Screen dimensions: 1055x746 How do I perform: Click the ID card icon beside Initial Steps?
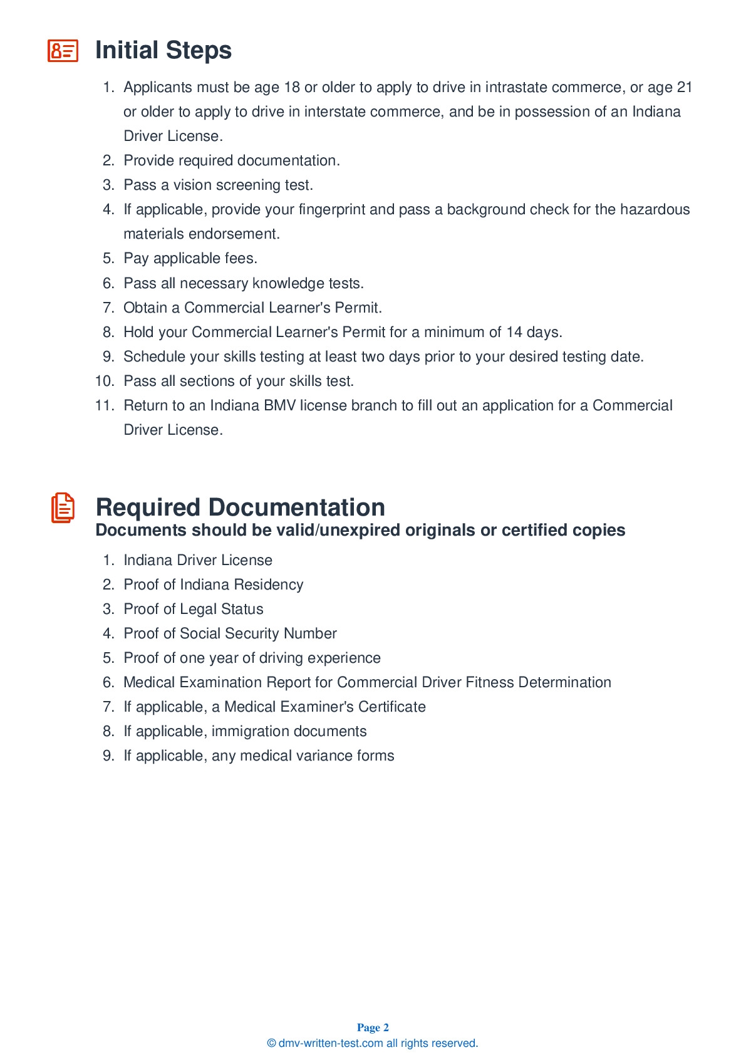[x=63, y=51]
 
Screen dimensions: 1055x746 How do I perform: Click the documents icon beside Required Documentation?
[x=63, y=507]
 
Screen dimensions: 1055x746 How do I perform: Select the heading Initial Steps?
[x=163, y=51]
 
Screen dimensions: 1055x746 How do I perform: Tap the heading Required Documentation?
[x=240, y=507]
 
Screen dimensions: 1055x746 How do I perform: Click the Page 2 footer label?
[x=373, y=1027]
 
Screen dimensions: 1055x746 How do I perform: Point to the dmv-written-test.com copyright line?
[x=373, y=1043]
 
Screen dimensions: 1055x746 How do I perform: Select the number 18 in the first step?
[x=292, y=87]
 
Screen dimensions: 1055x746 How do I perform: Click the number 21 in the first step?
[x=684, y=87]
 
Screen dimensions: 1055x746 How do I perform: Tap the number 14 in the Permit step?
[x=514, y=332]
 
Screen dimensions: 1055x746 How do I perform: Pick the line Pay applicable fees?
[x=190, y=258]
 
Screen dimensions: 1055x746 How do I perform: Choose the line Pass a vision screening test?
[x=218, y=185]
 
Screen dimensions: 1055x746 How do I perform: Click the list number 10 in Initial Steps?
[x=105, y=381]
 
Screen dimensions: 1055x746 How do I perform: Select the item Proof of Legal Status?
[x=194, y=609]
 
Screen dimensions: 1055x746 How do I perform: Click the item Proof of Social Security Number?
[x=230, y=633]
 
